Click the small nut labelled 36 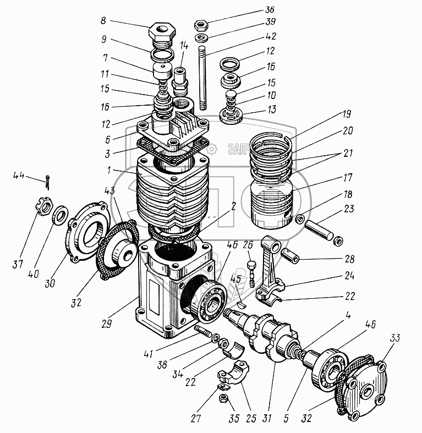click(x=201, y=25)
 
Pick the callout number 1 click(x=112, y=171)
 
